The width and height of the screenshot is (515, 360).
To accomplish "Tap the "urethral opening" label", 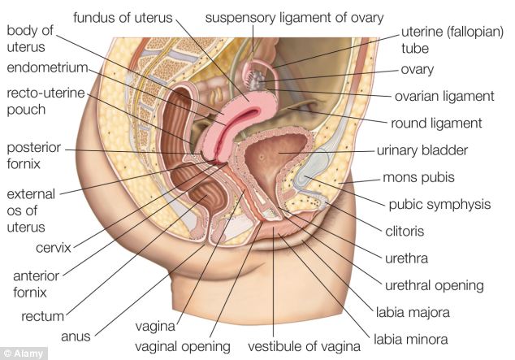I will tap(434, 285).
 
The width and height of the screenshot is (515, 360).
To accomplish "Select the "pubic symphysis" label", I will tap(439, 204).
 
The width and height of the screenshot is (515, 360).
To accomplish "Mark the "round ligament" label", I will tap(436, 124).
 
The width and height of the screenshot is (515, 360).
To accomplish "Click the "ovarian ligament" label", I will tap(444, 96).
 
